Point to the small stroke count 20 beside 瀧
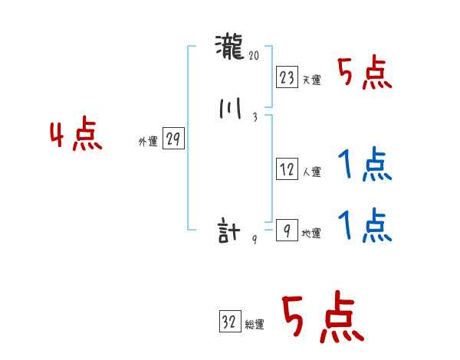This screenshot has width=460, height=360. (255, 55)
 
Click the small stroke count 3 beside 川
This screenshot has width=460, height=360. (254, 117)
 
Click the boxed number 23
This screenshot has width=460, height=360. (287, 77)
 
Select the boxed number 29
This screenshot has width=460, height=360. (173, 139)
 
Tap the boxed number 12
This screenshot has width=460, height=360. (287, 170)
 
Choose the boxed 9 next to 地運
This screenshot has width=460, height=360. (287, 231)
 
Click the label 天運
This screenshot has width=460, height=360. (311, 80)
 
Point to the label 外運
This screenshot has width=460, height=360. (148, 142)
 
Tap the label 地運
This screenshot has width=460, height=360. (311, 234)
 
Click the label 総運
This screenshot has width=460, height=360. (254, 325)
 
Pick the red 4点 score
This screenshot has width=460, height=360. (76, 136)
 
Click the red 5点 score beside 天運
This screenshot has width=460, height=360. (365, 74)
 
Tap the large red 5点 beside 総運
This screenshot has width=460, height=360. (322, 319)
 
